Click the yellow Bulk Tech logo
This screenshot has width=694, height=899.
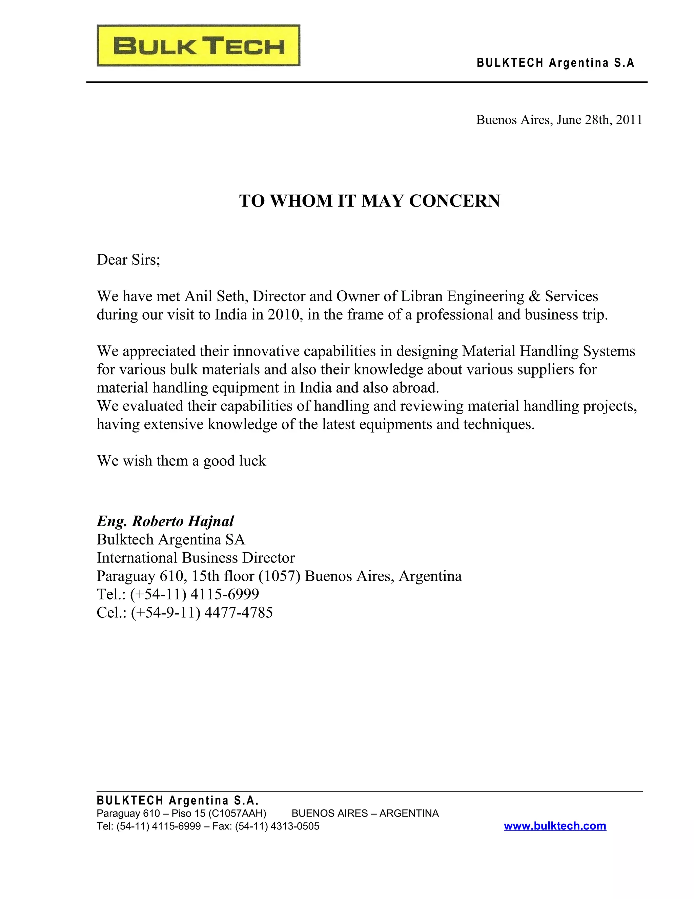click(x=199, y=46)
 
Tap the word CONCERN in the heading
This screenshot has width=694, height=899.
click(x=454, y=201)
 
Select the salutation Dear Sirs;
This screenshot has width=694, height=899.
click(x=128, y=260)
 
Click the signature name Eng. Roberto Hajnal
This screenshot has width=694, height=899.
click(x=165, y=521)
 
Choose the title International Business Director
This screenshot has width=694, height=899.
click(x=196, y=558)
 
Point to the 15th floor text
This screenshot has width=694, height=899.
click(x=223, y=576)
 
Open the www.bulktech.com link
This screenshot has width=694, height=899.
click(x=555, y=825)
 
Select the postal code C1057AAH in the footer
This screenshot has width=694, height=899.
click(x=238, y=814)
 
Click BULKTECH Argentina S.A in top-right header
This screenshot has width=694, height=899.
click(x=555, y=63)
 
